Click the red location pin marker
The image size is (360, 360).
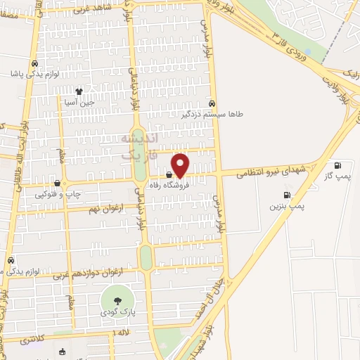click(x=180, y=165)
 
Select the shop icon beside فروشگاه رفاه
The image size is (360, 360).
click(x=169, y=174)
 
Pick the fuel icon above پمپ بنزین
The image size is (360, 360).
click(x=286, y=195)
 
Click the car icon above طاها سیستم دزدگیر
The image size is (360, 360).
click(x=212, y=102)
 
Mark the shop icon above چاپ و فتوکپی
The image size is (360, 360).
click(x=57, y=183)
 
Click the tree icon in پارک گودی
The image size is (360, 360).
click(x=117, y=300)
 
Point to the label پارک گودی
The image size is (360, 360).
click(x=117, y=311)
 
